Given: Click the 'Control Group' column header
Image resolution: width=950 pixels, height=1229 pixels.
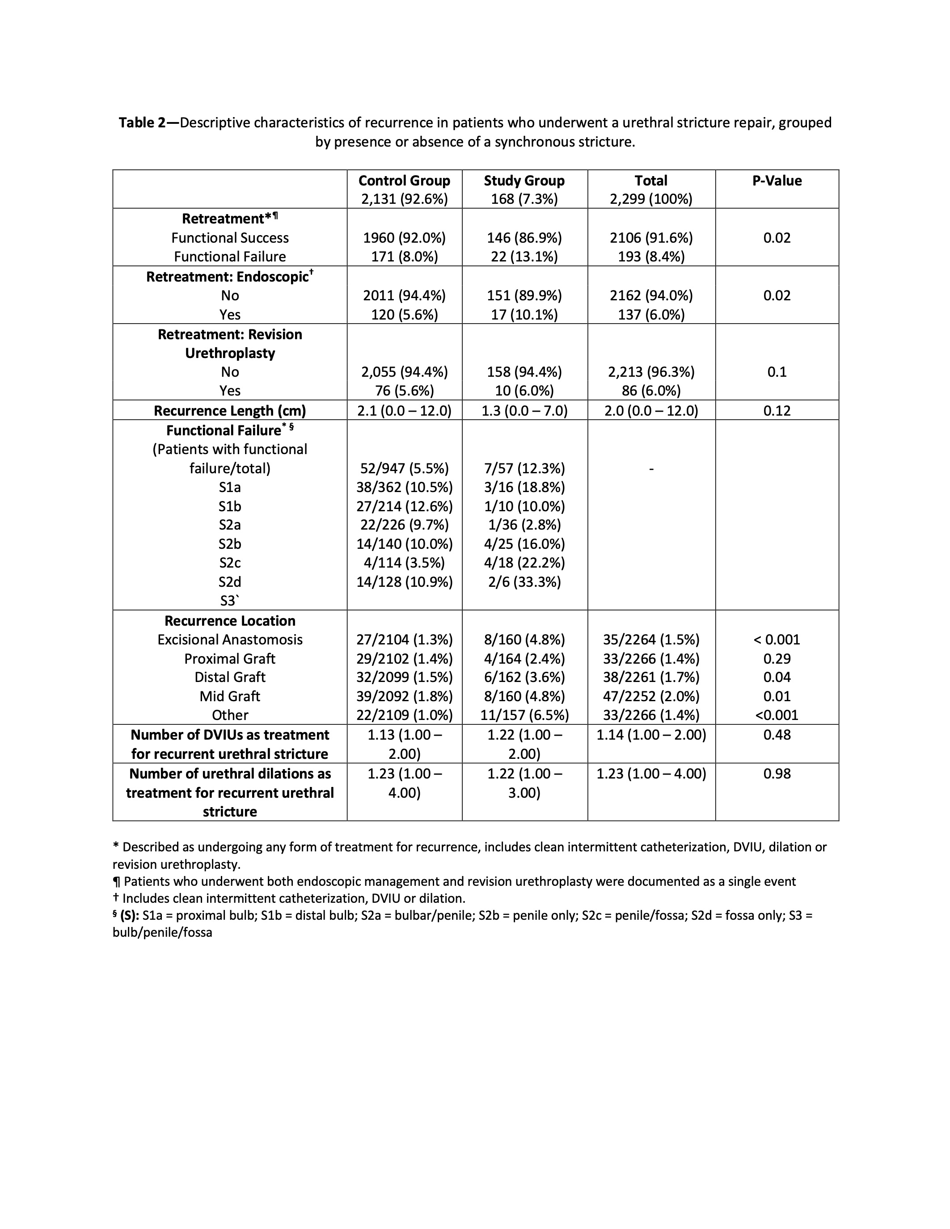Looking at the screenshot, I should coord(404,181).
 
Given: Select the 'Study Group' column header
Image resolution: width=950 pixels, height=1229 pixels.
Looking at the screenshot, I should coord(524,181).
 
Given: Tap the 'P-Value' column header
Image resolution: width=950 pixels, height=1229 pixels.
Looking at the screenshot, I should coord(777,181).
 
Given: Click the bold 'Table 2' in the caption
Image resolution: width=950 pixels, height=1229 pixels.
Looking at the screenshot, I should coord(141,122).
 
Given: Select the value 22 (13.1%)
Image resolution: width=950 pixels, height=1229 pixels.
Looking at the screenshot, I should coord(524,257).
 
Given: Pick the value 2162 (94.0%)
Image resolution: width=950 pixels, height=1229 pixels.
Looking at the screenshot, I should coord(651,295).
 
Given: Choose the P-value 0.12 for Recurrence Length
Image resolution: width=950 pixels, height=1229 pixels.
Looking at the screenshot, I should coord(777,410).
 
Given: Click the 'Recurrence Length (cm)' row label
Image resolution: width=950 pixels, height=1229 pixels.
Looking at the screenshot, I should coord(230,410).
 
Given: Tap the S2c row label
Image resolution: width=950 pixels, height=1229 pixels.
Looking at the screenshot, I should coord(230,563).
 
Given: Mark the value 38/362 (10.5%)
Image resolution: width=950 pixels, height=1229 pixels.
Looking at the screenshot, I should coord(404,487).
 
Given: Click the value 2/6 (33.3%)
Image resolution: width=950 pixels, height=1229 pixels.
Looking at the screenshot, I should coord(524,581).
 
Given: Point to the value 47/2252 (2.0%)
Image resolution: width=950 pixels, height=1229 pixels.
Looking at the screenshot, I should coord(651,696).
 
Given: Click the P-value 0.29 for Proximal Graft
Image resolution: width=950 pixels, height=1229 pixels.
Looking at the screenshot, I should coord(777,658).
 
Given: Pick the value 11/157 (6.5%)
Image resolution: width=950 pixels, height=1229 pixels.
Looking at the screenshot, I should coord(524,715).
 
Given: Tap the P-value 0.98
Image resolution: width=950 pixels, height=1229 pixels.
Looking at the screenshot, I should coord(777,774).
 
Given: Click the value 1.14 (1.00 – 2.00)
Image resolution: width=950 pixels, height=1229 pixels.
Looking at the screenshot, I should coord(651,735).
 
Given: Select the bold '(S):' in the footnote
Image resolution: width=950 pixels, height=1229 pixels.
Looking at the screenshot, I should coord(130,915).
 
